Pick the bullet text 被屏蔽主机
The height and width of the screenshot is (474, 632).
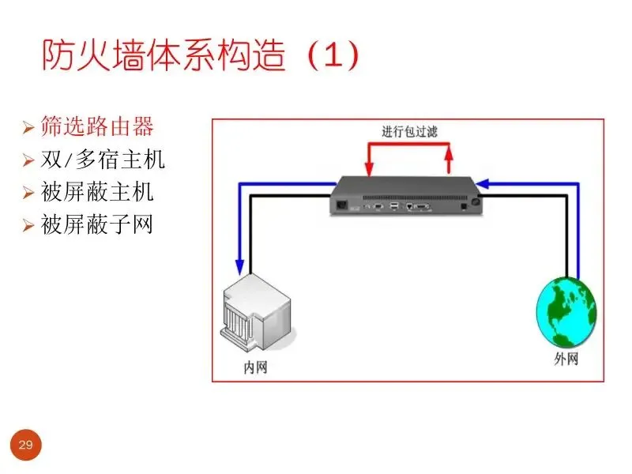click(x=97, y=192)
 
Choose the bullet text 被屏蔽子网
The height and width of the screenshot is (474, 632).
click(x=97, y=225)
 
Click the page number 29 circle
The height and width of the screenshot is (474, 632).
click(x=25, y=446)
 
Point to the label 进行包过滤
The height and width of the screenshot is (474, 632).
click(x=408, y=131)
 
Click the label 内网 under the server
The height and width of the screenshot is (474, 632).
click(x=254, y=367)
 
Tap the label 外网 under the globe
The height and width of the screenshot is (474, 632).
click(x=566, y=359)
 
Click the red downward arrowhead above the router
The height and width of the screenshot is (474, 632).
click(x=368, y=169)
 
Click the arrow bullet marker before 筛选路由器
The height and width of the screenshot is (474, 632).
click(x=28, y=127)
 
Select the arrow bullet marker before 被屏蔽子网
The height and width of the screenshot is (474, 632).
click(x=28, y=226)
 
